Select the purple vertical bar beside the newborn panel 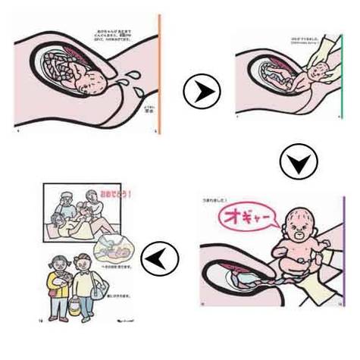tap(345, 250)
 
